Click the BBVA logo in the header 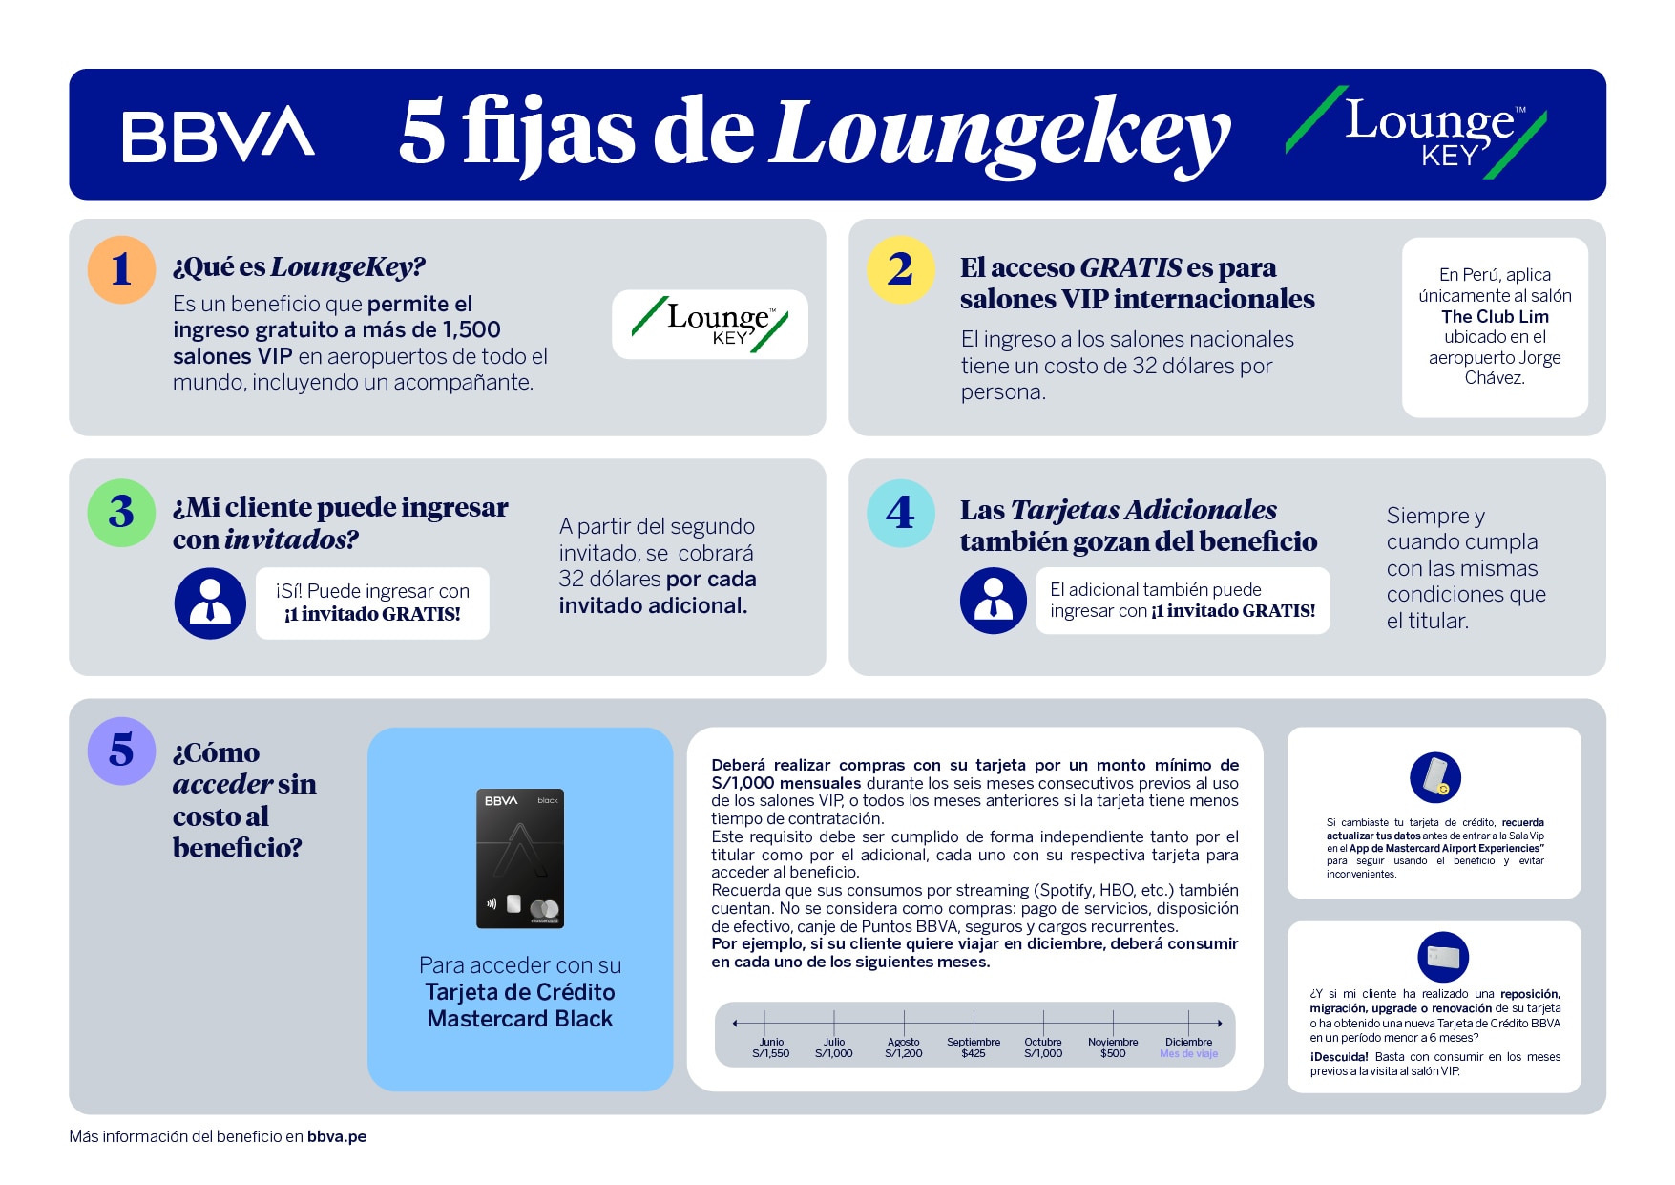pos(219,135)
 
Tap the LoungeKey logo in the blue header pos(1417,134)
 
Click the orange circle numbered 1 pos(121,269)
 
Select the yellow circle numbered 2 pos(900,269)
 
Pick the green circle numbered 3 pos(121,513)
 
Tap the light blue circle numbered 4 pos(900,513)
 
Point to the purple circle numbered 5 pos(121,751)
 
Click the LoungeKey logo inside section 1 pos(710,325)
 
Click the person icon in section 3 pos(210,603)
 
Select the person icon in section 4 pos(994,600)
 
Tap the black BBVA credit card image pos(520,857)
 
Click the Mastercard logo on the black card pos(544,910)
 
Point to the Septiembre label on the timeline pos(974,1042)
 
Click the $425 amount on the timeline pos(974,1053)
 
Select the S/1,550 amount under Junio pos(771,1053)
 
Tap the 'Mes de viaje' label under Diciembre pos(1188,1054)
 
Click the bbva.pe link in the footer pos(337,1136)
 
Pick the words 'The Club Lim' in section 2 pos(1495,316)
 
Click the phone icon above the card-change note pos(1434,777)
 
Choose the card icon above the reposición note pos(1442,957)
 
